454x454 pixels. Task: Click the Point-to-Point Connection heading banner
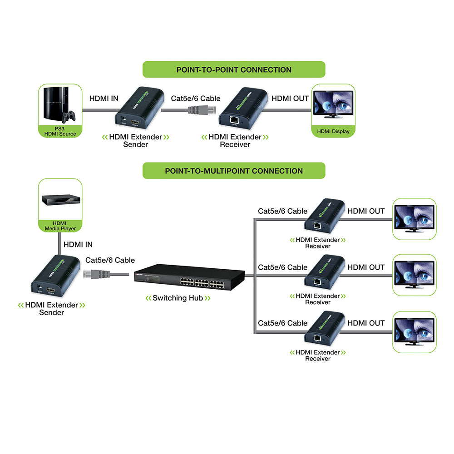coord(234,69)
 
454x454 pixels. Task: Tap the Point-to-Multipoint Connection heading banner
coord(234,171)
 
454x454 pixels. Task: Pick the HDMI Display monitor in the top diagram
coord(334,105)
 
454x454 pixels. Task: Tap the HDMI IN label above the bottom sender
coord(78,244)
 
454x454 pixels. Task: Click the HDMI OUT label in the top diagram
coord(290,98)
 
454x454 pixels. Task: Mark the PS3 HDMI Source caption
coord(60,131)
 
